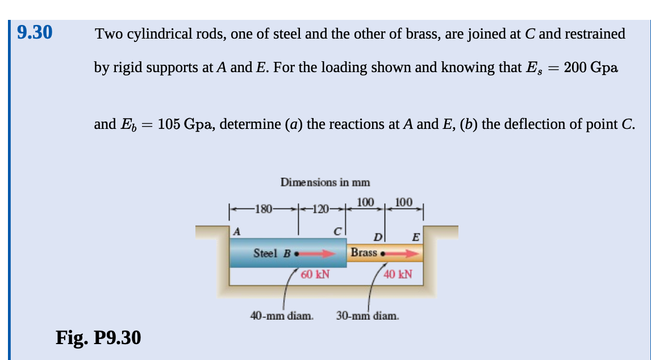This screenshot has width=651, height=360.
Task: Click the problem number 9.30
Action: (35, 32)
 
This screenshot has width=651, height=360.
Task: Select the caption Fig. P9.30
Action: (98, 338)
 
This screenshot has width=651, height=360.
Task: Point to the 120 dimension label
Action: (320, 208)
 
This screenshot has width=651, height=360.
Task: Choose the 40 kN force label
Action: (398, 275)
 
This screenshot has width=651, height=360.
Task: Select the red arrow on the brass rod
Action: (403, 253)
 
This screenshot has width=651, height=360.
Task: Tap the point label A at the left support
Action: (237, 231)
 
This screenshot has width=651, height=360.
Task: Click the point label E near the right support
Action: (416, 237)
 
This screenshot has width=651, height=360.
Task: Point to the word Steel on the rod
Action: (265, 253)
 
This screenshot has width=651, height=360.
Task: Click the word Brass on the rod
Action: (364, 252)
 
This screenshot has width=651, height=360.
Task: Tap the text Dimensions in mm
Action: (325, 182)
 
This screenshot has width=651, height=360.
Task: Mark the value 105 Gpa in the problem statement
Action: (185, 124)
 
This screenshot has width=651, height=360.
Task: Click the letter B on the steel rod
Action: (286, 253)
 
